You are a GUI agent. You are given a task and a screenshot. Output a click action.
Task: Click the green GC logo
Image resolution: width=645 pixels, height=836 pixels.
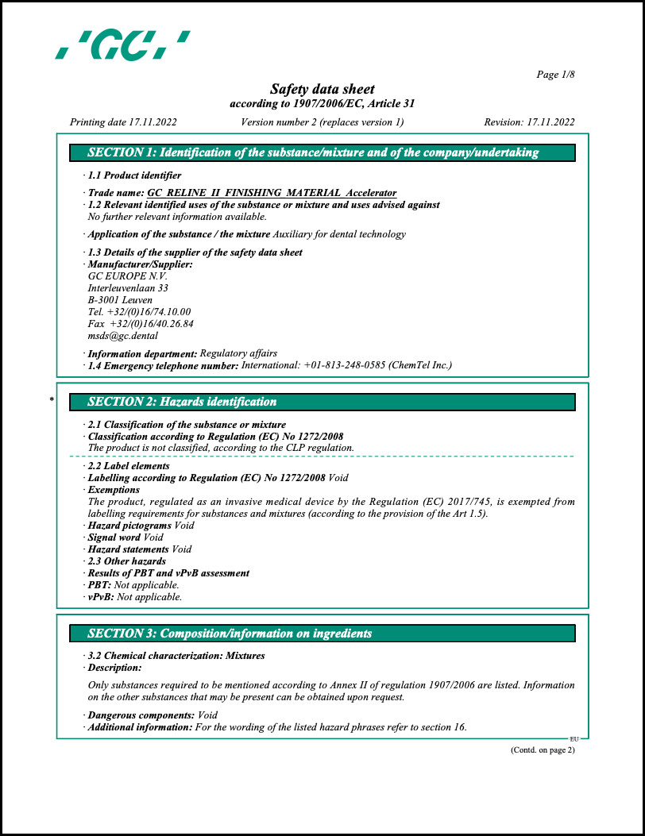point(123,44)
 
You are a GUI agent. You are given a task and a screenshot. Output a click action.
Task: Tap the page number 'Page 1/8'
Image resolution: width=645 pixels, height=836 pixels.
point(555,75)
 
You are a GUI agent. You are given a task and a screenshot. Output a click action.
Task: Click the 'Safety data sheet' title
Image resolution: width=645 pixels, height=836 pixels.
point(322,89)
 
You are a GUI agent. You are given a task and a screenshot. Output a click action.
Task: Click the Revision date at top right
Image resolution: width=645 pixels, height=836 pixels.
point(529,122)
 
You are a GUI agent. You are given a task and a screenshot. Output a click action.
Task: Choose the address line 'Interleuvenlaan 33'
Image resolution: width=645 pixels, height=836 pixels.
point(128,288)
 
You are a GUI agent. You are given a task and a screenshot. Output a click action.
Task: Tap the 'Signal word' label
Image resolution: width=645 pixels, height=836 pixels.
point(108,537)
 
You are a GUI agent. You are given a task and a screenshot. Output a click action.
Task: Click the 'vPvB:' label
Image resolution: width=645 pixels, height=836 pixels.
point(100,597)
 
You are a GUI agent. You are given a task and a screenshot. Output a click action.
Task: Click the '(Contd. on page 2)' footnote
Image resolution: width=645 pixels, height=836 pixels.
point(542,750)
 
